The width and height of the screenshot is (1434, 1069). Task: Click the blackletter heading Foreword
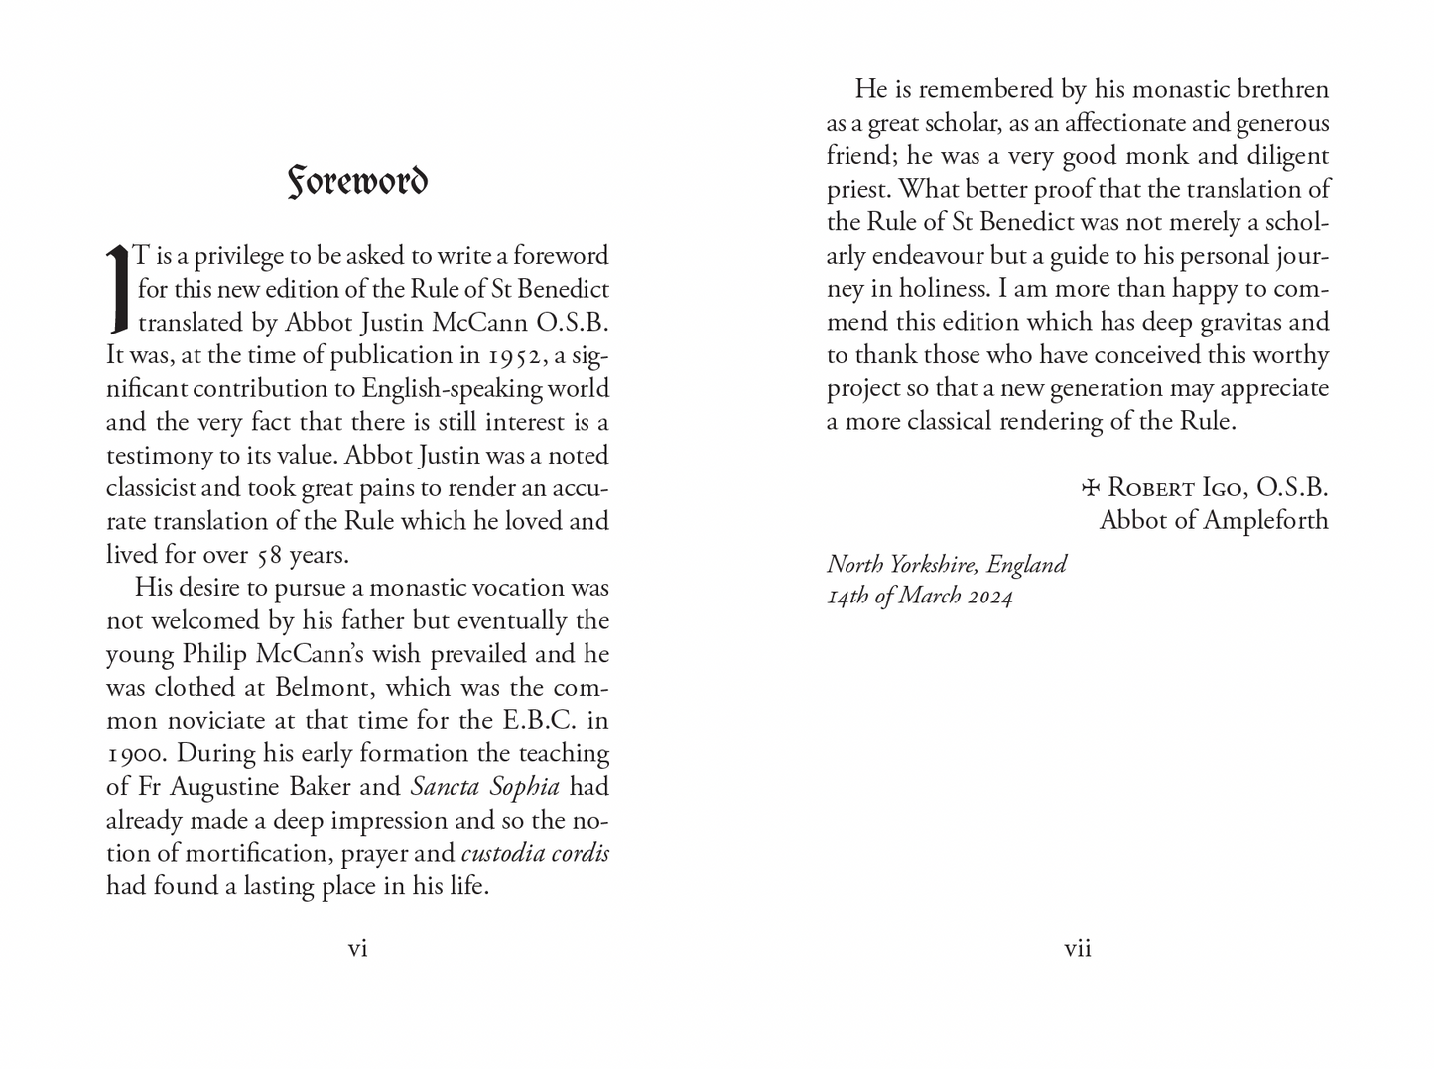click(357, 181)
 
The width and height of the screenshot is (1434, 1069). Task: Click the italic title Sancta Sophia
click(484, 787)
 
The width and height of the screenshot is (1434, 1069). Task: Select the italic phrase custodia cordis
click(535, 854)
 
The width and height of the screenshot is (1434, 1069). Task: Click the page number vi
click(357, 949)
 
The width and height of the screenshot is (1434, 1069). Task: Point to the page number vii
click(1078, 949)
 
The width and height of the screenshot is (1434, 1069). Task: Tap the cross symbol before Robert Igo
click(1091, 487)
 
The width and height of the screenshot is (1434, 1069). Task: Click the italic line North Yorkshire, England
click(946, 564)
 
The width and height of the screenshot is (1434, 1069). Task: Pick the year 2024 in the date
click(989, 596)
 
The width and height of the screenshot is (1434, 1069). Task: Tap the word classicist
click(159, 488)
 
